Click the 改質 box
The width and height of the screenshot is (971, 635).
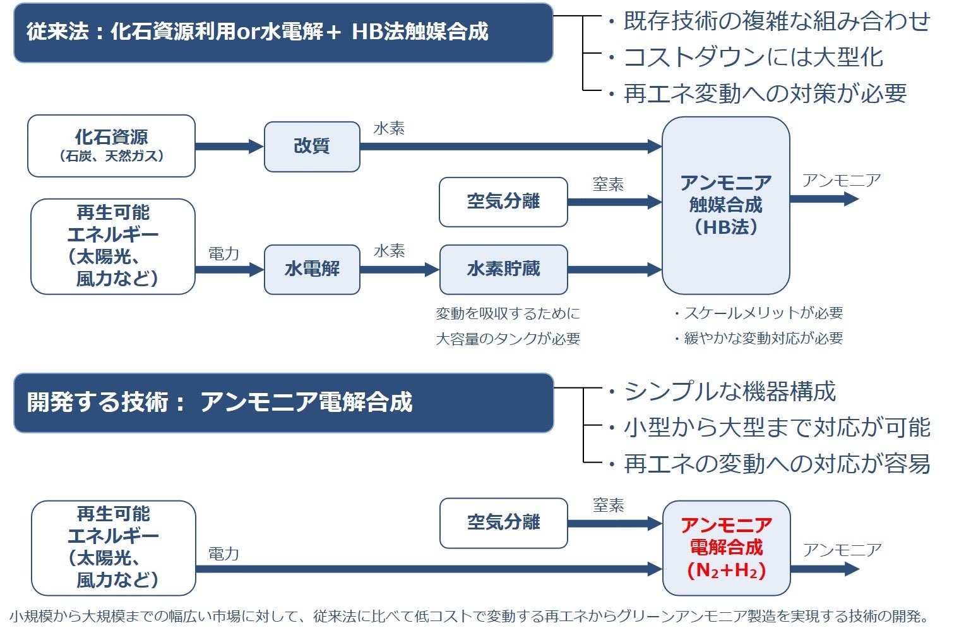(x=312, y=147)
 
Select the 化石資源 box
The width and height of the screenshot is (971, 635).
(x=111, y=146)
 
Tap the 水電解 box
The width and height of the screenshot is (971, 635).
(x=312, y=269)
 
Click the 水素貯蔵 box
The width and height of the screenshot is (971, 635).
(x=503, y=269)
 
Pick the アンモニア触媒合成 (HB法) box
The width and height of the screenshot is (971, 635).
(x=725, y=205)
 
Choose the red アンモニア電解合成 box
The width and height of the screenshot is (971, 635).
(x=726, y=548)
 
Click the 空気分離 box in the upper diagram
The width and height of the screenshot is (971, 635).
(x=503, y=202)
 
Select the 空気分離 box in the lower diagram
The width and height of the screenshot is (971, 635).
(x=503, y=523)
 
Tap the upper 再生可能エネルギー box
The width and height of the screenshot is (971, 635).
(x=113, y=246)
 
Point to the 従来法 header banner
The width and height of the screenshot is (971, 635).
(x=283, y=32)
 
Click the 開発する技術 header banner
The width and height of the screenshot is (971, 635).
(x=283, y=402)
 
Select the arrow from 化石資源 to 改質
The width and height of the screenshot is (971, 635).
(x=229, y=147)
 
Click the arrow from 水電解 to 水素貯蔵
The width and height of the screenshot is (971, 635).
(x=399, y=270)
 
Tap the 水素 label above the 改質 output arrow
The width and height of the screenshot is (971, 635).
(x=389, y=129)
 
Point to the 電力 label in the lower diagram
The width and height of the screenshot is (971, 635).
(x=224, y=554)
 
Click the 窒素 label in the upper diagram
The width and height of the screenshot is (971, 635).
(x=608, y=184)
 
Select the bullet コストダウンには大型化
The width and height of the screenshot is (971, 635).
(x=753, y=57)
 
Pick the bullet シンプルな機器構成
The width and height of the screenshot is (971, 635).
(x=729, y=392)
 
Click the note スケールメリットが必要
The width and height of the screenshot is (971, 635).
(x=763, y=313)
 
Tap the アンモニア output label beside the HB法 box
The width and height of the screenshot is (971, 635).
(x=842, y=181)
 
